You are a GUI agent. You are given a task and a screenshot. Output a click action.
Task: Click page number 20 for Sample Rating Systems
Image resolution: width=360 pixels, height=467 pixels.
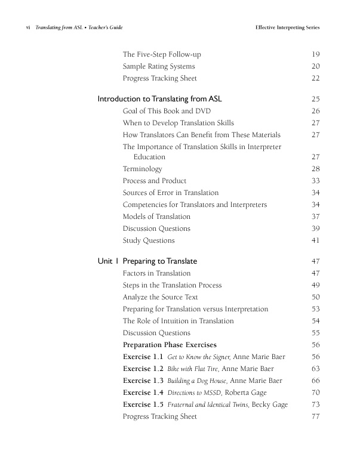(x=316, y=66)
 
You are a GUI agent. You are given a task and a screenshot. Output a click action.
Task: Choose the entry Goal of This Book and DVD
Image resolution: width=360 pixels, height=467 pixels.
(x=167, y=111)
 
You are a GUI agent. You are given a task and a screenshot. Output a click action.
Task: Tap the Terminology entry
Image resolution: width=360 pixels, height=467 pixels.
(x=142, y=169)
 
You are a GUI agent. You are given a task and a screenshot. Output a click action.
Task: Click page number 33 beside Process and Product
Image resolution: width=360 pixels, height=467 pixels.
(x=316, y=181)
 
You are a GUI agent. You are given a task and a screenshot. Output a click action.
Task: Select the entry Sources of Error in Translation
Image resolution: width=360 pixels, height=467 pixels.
(x=170, y=193)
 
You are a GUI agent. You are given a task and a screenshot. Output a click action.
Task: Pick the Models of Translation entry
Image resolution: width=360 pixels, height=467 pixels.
(x=156, y=217)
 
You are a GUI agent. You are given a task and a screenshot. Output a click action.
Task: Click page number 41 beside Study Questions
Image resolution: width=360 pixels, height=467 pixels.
(x=316, y=240)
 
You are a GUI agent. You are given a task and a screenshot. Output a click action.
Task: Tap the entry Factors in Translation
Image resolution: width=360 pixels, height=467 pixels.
(x=156, y=273)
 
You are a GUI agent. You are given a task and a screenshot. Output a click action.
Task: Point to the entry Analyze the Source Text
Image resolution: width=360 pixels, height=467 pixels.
(x=160, y=297)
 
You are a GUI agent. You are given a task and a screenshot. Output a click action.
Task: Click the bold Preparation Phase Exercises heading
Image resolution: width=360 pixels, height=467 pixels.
(x=170, y=345)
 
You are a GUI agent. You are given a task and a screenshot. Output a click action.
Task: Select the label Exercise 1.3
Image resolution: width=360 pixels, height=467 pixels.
(x=143, y=381)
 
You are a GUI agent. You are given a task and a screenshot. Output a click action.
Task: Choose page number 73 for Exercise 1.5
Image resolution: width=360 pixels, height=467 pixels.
(x=316, y=404)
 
